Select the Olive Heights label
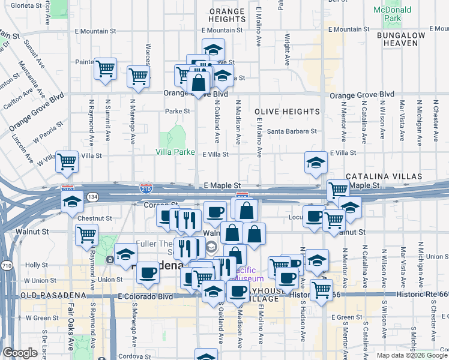tap(287, 112)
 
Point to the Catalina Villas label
tap(384, 177)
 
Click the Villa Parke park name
tap(175, 152)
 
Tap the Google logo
tap(20, 353)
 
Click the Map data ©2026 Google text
tap(411, 355)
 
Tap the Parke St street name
tap(177, 111)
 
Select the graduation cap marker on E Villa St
tap(315, 163)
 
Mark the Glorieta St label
tap(24, 4)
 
